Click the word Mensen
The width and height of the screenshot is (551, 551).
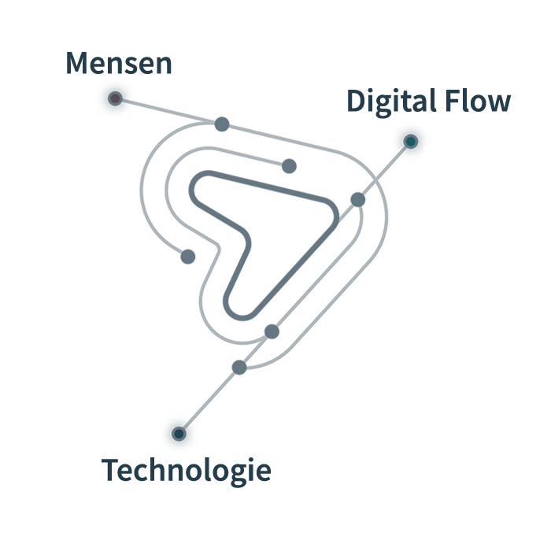pos(119,64)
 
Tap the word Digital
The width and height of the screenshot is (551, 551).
pos(392,102)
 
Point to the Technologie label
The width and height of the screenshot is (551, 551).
pos(187,471)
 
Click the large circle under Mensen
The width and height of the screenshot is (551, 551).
pos(115,98)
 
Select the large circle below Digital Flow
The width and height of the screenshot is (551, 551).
pos(410,142)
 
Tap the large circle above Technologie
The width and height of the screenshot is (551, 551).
pos(179,434)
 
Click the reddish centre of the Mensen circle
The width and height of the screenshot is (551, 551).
pos(115,98)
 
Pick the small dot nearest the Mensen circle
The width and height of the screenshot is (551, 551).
pos(222,124)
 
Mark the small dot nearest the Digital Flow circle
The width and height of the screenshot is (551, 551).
pos(358,199)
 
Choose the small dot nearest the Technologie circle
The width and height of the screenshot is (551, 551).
pos(239,367)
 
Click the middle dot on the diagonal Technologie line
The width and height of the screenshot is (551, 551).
pos(272,331)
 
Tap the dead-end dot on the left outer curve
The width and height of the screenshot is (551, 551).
pos(188,256)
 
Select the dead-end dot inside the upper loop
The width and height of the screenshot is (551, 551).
pos(289,166)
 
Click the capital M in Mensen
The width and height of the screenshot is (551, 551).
pos(77,64)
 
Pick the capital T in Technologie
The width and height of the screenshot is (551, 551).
pos(111,471)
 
